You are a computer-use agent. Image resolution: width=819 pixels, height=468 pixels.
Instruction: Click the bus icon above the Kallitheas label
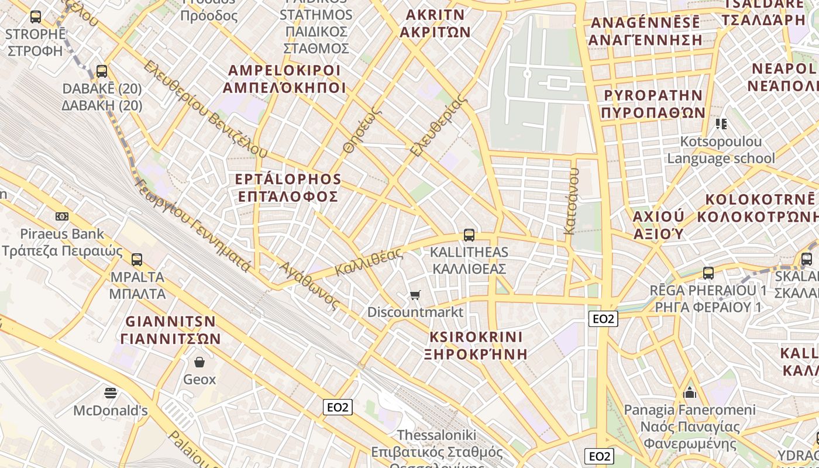click(x=469, y=235)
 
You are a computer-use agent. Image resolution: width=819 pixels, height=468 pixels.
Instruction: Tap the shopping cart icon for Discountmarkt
click(x=415, y=295)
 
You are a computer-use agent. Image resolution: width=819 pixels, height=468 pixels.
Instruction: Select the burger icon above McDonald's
click(x=110, y=393)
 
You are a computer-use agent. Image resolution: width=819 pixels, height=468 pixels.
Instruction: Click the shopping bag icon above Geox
click(x=199, y=362)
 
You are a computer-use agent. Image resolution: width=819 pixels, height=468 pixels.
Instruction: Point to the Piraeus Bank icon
click(x=62, y=216)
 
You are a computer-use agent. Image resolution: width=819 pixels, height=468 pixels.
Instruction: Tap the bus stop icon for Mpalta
click(x=137, y=259)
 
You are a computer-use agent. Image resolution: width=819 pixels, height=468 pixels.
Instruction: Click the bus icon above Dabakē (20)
click(x=102, y=71)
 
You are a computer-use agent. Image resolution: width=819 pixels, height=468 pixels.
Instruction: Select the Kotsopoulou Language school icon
click(x=721, y=123)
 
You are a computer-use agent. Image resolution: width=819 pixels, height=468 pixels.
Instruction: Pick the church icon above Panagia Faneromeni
click(x=690, y=392)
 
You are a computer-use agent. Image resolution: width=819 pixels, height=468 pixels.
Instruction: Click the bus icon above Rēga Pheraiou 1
click(x=708, y=273)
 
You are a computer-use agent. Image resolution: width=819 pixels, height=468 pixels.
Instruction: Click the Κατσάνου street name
click(x=572, y=201)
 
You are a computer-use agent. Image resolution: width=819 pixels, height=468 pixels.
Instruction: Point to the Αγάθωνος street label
click(x=309, y=285)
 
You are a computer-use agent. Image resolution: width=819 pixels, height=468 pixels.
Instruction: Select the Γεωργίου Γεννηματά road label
click(x=192, y=225)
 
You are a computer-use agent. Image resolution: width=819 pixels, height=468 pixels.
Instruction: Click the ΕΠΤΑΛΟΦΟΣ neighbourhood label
click(x=288, y=196)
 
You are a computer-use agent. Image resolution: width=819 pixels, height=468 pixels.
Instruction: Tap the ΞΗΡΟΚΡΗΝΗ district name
click(x=476, y=354)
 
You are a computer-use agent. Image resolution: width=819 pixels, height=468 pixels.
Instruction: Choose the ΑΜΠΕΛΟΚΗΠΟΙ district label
click(x=284, y=88)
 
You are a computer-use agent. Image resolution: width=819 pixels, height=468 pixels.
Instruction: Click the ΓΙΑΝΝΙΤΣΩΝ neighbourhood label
click(x=171, y=339)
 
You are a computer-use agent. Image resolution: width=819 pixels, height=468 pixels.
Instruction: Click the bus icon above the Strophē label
click(x=36, y=17)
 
